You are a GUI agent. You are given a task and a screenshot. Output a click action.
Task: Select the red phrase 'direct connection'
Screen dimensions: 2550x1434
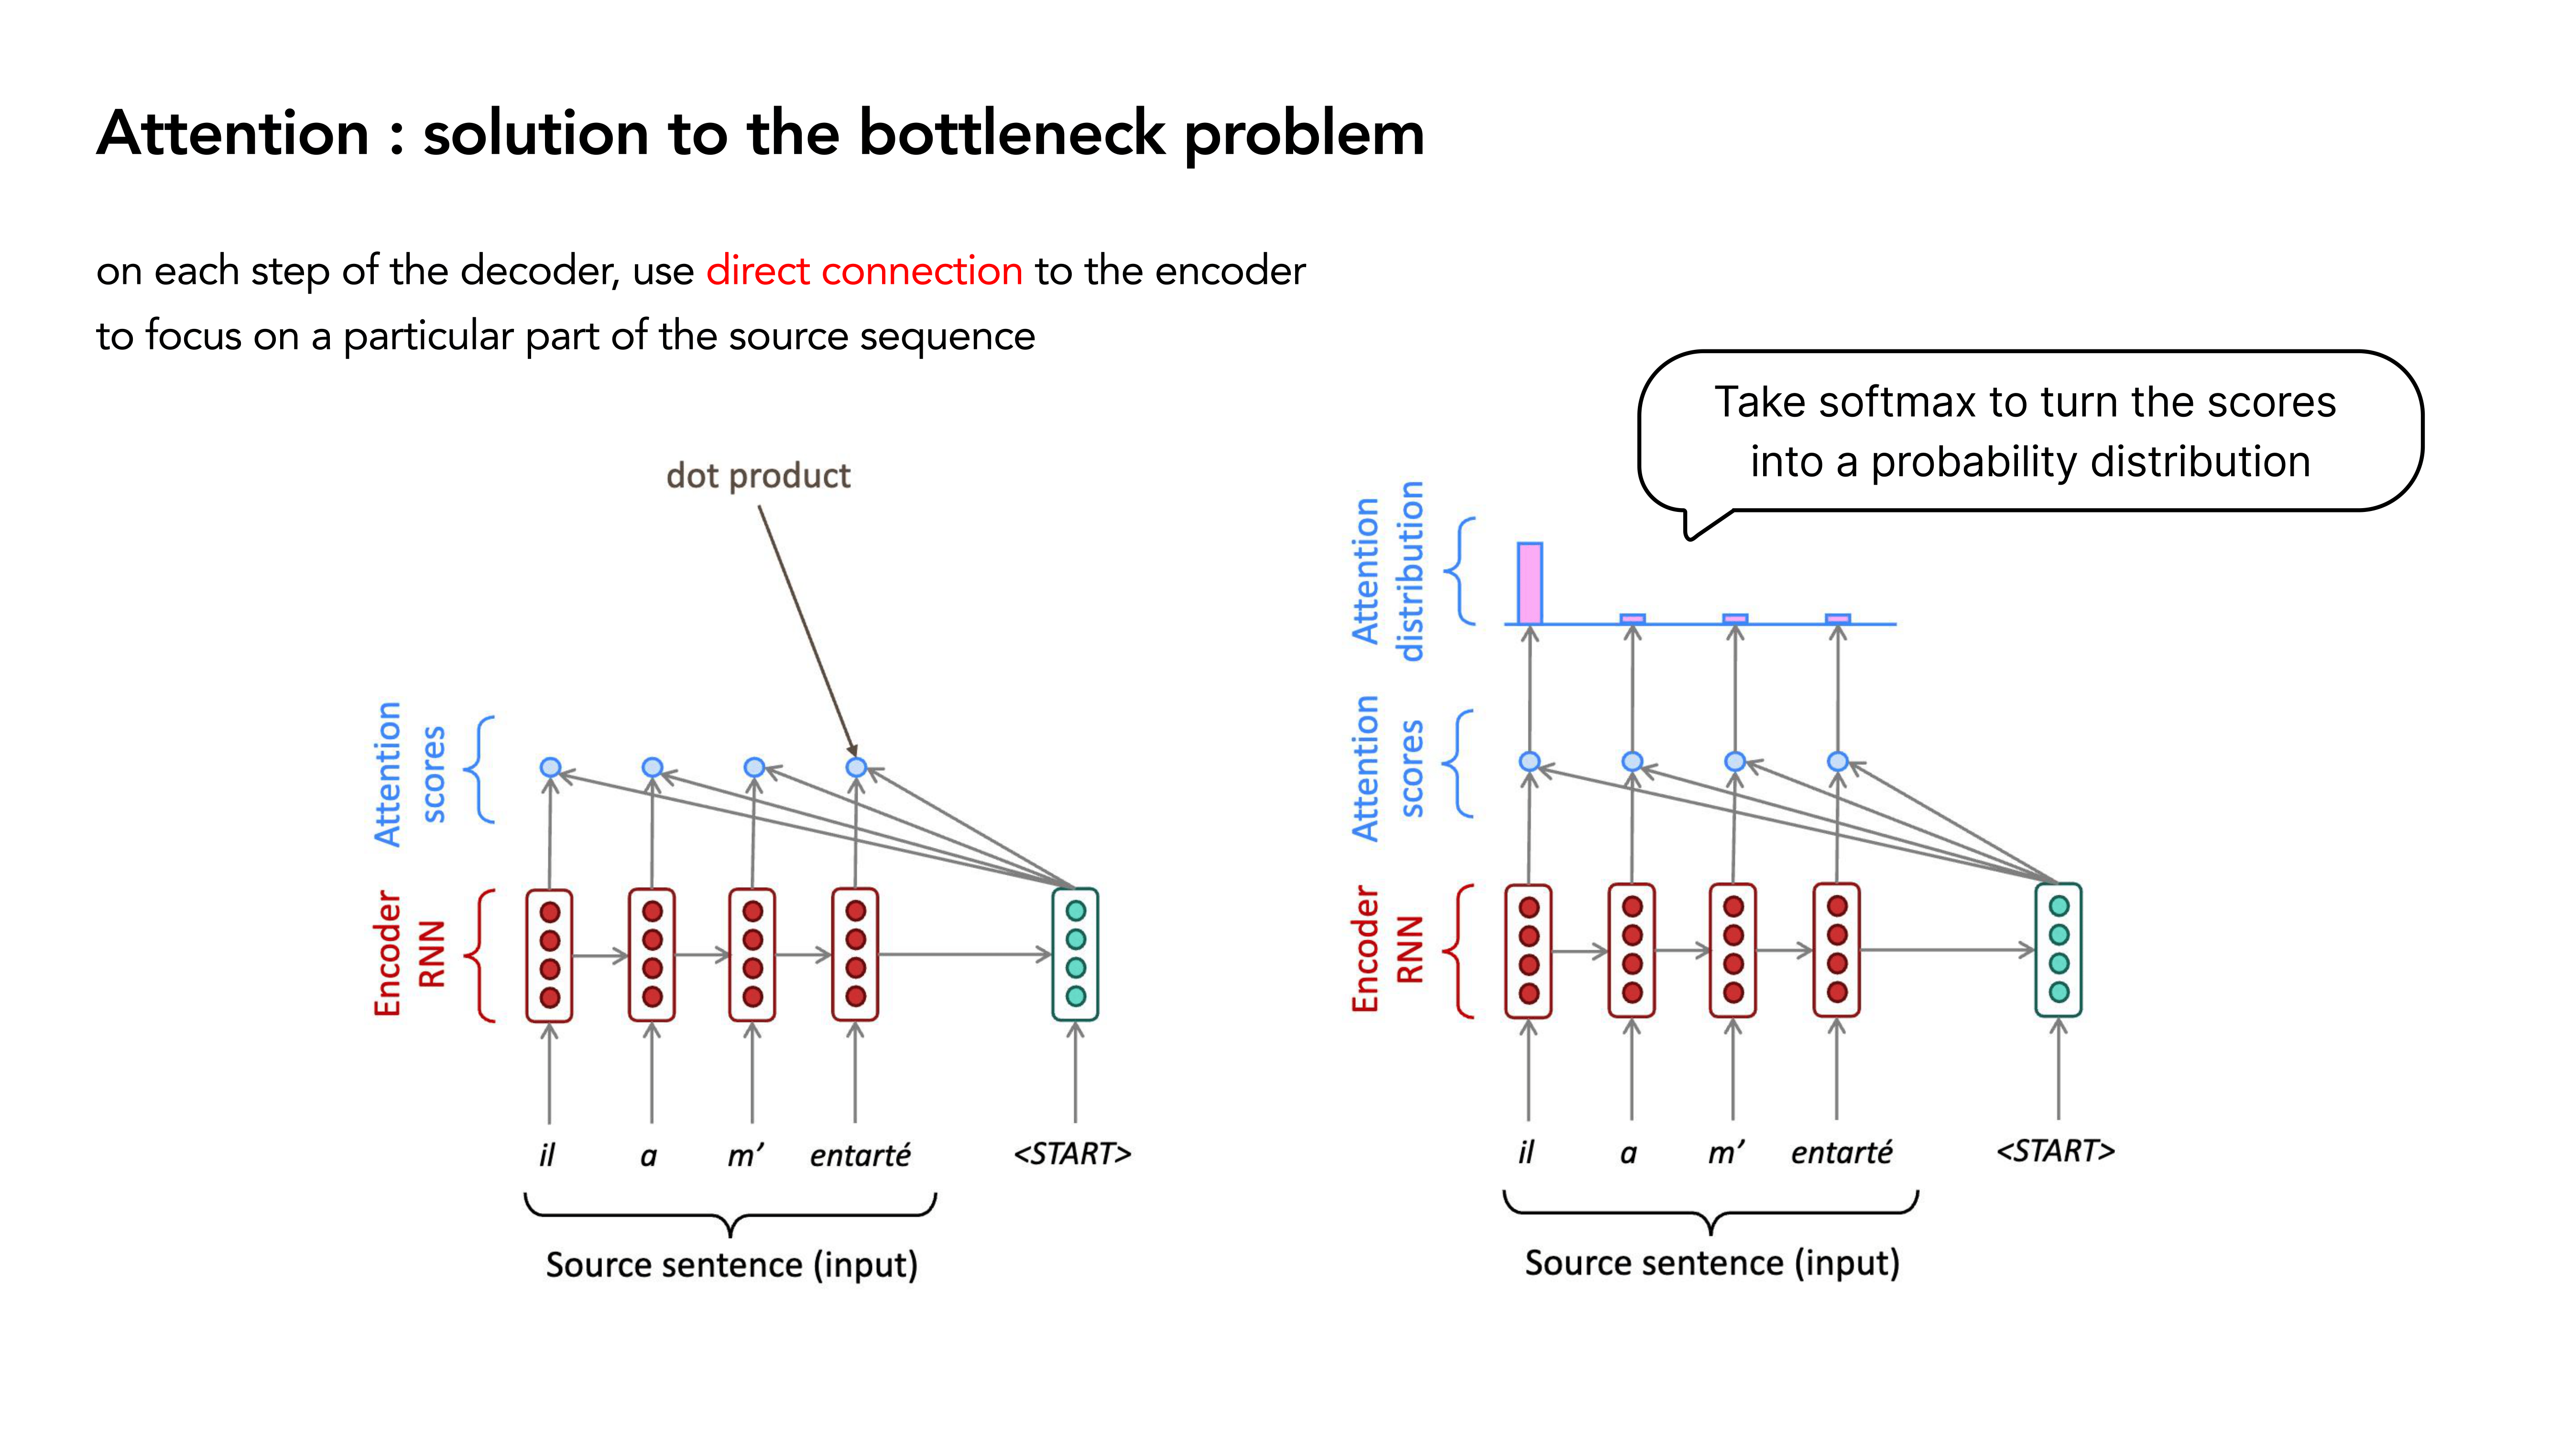[864, 270]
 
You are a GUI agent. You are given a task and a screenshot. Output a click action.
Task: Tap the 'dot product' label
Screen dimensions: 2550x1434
[758, 476]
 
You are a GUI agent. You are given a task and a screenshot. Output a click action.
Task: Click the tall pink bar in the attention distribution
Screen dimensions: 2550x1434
[1529, 583]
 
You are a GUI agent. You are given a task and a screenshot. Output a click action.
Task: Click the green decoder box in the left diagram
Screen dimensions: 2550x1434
[1075, 954]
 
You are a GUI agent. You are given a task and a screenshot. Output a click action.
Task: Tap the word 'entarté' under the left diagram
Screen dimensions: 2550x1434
[859, 1154]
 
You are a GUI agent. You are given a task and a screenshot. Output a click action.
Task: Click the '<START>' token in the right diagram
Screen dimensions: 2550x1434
[2055, 1150]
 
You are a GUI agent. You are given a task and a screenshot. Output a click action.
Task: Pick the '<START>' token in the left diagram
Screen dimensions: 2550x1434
[1072, 1153]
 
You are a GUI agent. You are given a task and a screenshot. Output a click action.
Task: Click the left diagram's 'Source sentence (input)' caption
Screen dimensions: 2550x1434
[731, 1265]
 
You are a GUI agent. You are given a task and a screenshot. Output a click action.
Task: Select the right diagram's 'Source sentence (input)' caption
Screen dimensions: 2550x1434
[1711, 1263]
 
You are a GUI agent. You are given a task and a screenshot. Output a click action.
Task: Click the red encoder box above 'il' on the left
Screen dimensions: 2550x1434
[549, 954]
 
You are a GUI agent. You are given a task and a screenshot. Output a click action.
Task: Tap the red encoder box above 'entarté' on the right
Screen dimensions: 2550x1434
[1836, 949]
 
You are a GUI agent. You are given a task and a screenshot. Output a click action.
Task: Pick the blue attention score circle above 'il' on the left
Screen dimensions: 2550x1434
[550, 767]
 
